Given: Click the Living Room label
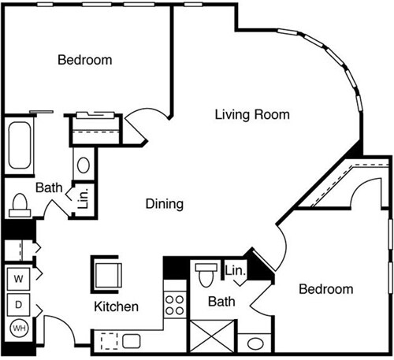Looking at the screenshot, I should coord(252,114).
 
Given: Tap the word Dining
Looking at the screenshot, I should coord(165,204).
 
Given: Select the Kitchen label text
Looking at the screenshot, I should coord(117,306).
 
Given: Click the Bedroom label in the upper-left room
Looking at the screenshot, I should coord(84,59).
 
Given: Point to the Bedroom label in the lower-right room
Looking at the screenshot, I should coord(325,289).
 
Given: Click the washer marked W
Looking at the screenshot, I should coord(18,279).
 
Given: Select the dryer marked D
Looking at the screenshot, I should coord(18,303).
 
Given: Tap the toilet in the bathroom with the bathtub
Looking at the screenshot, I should coord(19,206).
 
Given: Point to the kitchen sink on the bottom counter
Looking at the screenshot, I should coord(131,341).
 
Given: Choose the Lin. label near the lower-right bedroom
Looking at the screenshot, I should coord(235,271).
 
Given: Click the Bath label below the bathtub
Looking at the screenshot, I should coord(47,187).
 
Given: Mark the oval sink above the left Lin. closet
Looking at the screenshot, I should coord(83,166).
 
